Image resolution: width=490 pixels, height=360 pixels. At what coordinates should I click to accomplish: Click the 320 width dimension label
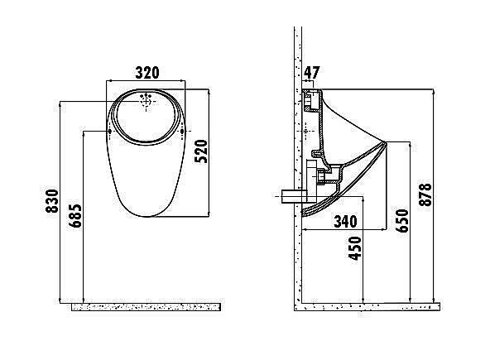coord(147,73)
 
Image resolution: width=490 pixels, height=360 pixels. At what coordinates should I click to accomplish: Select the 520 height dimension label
coord(201,151)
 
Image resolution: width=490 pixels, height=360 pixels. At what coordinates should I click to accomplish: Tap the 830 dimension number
coord(52,201)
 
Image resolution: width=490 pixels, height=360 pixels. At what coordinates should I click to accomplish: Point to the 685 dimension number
coord(75,216)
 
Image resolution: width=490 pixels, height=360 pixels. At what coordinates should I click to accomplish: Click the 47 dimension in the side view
coord(311,73)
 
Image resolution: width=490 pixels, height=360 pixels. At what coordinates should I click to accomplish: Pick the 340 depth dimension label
coord(346,221)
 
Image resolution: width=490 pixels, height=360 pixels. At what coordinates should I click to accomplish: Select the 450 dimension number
coord(355,248)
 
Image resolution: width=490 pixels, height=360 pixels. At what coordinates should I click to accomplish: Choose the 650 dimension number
coord(402,221)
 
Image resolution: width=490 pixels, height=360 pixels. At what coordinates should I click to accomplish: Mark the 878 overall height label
coord(425,194)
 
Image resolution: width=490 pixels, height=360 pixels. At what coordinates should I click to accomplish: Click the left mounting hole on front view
coord(109,132)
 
